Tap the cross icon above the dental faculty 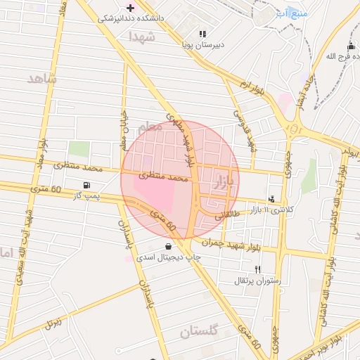(131, 7)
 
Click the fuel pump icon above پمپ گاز (86, 185)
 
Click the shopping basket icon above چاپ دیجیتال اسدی (169, 246)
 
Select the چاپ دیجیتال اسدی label (168, 257)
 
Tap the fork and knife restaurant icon (257, 269)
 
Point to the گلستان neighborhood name (200, 330)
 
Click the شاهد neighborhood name (41, 77)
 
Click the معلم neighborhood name (149, 128)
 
